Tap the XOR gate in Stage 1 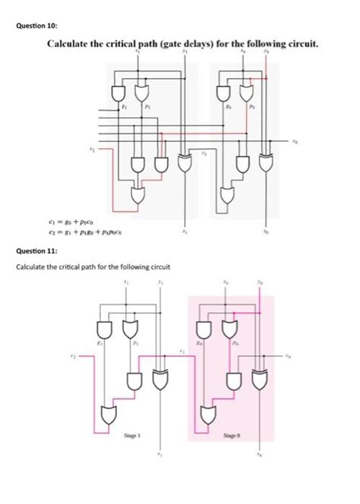point(160,377)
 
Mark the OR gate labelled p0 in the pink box point(229,329)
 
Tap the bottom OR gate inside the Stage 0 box point(209,415)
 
